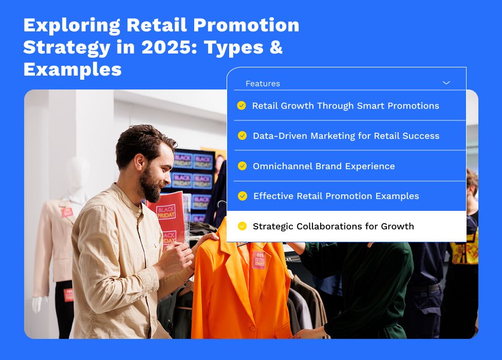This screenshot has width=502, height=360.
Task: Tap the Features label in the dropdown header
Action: coord(263,83)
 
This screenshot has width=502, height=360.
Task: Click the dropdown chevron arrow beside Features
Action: coord(446,83)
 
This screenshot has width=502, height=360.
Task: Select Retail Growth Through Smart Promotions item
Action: coord(345,105)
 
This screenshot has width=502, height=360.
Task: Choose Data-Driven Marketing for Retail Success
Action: coord(346,136)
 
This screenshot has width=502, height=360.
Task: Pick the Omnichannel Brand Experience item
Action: coord(324,166)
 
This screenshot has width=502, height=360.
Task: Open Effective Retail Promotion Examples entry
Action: coord(336,196)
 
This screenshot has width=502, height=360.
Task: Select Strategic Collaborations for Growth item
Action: coord(333,226)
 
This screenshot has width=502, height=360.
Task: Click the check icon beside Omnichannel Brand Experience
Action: coord(242,166)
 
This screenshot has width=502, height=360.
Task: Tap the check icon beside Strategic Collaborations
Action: coord(242,226)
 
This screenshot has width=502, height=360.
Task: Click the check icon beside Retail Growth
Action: coord(241,105)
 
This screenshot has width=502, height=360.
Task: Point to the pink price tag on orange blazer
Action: coord(258,259)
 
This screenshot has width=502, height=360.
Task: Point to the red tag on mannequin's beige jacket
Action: coord(67,212)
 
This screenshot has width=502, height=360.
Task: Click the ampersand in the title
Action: coord(276,47)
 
